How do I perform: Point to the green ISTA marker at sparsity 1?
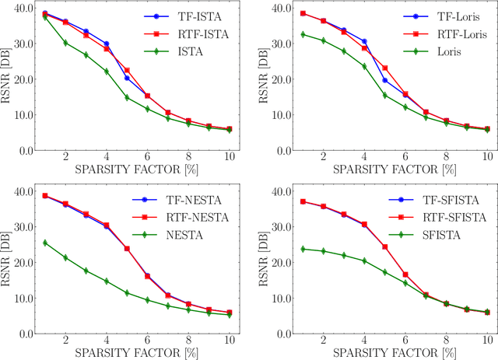pos(44,16)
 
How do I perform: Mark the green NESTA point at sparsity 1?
pos(44,243)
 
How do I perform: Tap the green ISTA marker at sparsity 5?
pos(126,97)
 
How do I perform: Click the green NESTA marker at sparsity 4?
pos(106,281)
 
